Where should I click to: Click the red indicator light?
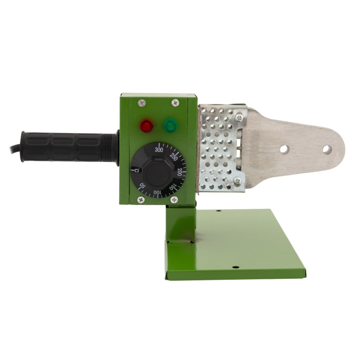coord(146,125)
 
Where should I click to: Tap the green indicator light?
coord(168,125)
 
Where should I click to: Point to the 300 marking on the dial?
coord(158,150)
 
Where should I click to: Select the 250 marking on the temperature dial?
coord(174,157)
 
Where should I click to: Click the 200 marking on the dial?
coord(179,172)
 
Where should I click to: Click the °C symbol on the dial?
coord(136,169)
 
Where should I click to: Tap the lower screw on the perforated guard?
coord(237,181)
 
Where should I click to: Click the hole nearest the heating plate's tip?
coord(326,149)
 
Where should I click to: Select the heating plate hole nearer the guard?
coord(283,149)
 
